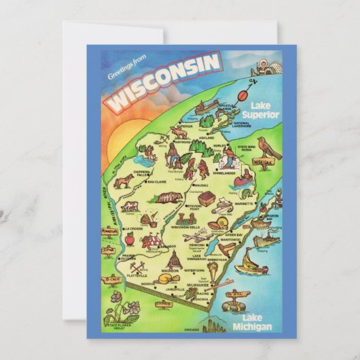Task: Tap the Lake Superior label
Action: coord(264,110)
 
